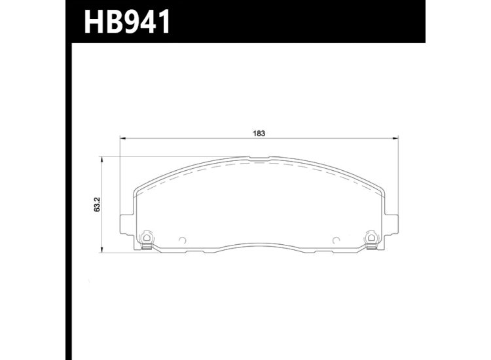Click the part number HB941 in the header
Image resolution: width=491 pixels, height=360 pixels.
click(x=126, y=22)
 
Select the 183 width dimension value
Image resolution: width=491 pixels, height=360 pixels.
click(x=259, y=133)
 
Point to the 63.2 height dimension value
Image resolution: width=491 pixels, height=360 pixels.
click(x=97, y=204)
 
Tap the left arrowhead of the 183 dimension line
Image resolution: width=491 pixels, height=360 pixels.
click(x=122, y=139)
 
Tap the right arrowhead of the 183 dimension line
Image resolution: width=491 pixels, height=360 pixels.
click(x=395, y=139)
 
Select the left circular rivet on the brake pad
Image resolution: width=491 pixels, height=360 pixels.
click(x=147, y=237)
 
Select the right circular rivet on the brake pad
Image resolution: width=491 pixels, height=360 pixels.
click(x=371, y=237)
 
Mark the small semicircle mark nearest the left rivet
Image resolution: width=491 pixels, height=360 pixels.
click(x=183, y=239)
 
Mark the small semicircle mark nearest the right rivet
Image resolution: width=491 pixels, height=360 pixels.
click(x=335, y=239)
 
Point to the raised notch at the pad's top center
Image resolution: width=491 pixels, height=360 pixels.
click(x=259, y=158)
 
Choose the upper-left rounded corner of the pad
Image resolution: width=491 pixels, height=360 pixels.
click(x=137, y=189)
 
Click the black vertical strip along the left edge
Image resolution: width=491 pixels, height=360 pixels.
click(x=67, y=196)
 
